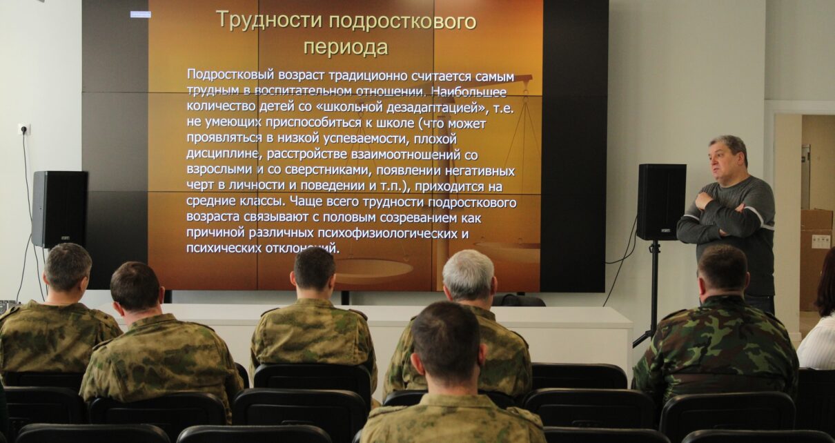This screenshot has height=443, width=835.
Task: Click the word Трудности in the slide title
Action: [x=269, y=20]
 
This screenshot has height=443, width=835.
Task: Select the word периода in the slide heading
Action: [x=346, y=48]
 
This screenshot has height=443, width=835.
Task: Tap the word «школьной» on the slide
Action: [x=349, y=107]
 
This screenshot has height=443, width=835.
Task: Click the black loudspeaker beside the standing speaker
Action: [x=661, y=201]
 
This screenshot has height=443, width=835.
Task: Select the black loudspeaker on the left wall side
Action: [x=59, y=209]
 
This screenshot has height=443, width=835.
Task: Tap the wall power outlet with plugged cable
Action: [x=24, y=130]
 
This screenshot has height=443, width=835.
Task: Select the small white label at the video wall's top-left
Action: [x=141, y=14]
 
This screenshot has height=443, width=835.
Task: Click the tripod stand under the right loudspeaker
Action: [x=650, y=295]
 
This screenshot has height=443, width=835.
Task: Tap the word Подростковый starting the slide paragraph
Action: [x=230, y=75]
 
